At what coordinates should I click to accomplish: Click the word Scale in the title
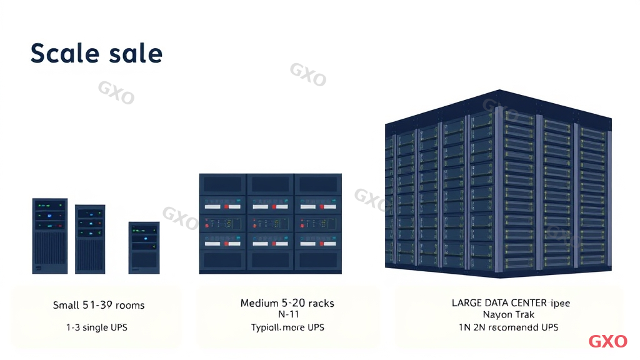[62, 54]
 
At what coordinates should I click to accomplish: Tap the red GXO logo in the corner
[607, 341]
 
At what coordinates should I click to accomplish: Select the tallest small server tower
[49, 236]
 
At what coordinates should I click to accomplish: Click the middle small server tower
[90, 239]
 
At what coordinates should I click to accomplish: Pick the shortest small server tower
[144, 247]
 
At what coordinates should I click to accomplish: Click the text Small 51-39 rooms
[99, 306]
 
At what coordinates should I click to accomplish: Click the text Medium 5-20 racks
[287, 303]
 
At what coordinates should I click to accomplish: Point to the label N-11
[288, 314]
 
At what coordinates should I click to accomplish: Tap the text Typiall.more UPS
[287, 327]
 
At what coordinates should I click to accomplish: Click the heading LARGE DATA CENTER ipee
[511, 303]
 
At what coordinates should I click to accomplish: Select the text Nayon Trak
[508, 314]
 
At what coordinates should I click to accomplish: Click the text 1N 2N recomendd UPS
[508, 327]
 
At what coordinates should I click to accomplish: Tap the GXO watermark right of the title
[307, 74]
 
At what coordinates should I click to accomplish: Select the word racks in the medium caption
[320, 303]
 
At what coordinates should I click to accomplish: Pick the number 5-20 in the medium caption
[291, 303]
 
